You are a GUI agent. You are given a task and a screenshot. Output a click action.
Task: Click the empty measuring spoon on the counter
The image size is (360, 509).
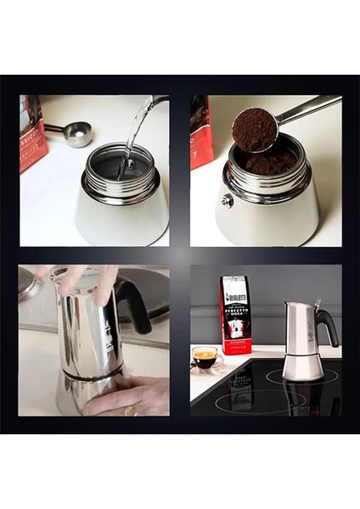(x=76, y=132)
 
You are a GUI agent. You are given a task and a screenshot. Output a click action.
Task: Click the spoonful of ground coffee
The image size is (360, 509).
(x=255, y=129)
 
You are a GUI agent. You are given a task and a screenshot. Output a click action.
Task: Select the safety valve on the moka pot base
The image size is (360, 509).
(x=228, y=200)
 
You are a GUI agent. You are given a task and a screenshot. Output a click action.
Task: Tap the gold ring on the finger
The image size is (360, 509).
(x=130, y=411)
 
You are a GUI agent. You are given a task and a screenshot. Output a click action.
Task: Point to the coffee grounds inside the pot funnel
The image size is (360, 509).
(x=268, y=162)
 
